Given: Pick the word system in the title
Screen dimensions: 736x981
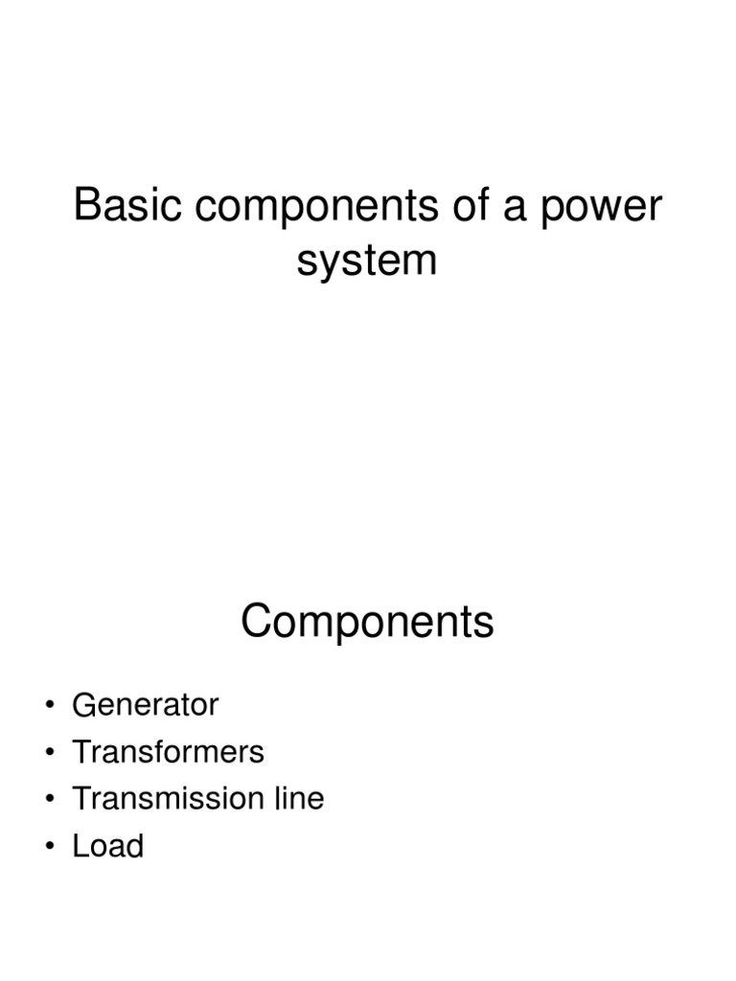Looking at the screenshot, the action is (x=367, y=261).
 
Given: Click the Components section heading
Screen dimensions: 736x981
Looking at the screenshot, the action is (x=367, y=623).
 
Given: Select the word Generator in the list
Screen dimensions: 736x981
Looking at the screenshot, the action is (x=146, y=705).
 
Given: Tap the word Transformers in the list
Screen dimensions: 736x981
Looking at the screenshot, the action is (x=168, y=752).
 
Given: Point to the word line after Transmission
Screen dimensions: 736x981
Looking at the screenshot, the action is (x=297, y=799).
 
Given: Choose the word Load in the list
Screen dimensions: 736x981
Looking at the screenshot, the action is (x=107, y=846).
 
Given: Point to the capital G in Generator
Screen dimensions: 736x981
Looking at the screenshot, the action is (x=83, y=705).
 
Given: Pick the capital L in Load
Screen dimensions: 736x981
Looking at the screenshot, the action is (x=80, y=846).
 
